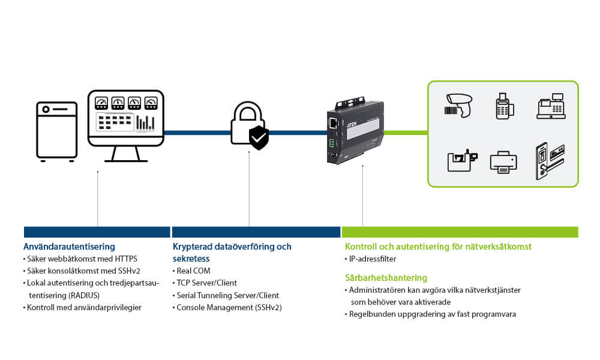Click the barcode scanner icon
(x=460, y=105)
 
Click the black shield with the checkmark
(x=259, y=137)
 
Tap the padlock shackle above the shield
(x=247, y=112)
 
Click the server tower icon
(x=57, y=130)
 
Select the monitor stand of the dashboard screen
(x=126, y=154)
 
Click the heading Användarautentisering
(x=69, y=247)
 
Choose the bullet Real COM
(x=193, y=271)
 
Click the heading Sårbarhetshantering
(x=386, y=278)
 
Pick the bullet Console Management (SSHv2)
(x=229, y=307)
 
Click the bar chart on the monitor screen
(x=145, y=122)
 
